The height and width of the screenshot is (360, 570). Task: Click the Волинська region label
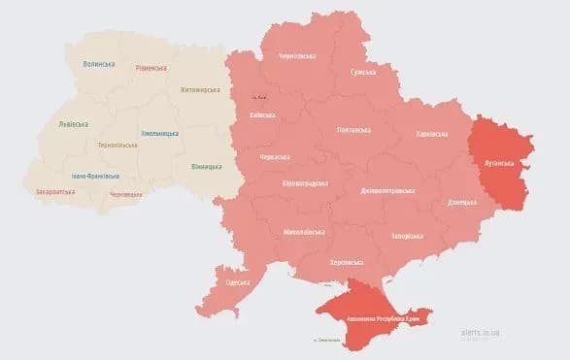point(99,64)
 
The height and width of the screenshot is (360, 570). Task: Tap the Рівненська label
point(151,68)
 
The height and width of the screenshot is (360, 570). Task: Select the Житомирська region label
point(201,90)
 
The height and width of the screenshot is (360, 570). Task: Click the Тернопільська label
point(117,145)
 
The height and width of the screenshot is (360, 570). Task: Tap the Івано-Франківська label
point(95,176)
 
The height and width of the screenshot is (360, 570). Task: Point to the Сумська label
point(364,72)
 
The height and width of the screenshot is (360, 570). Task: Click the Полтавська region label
point(353,130)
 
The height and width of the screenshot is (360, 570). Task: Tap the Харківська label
point(432,134)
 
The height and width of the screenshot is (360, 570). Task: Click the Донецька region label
point(461,203)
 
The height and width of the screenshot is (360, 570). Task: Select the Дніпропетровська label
point(387,190)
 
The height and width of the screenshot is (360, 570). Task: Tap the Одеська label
point(238,282)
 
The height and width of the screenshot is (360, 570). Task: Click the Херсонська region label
point(347,262)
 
